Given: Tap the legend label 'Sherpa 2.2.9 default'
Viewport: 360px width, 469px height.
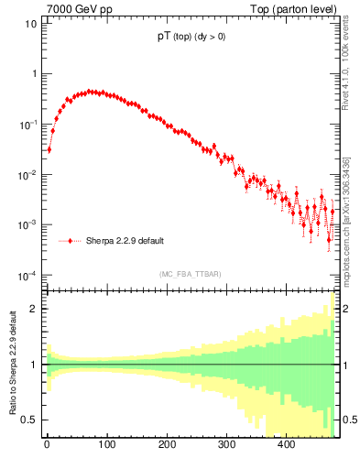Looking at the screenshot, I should coord(125,241).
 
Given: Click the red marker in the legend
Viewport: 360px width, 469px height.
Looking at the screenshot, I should coord(71,241).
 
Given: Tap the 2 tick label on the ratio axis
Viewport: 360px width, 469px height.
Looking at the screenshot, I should coord(35,309).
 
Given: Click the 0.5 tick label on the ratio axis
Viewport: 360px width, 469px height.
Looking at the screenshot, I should coord(31,420).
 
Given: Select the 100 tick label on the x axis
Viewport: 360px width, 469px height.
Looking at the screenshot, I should coord(106,445).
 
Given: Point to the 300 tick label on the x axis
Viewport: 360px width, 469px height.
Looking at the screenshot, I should coord(226,445).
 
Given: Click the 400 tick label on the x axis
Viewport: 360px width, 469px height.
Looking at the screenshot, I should coord(286,445).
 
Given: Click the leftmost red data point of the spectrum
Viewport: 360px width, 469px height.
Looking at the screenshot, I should coord(49,149).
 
